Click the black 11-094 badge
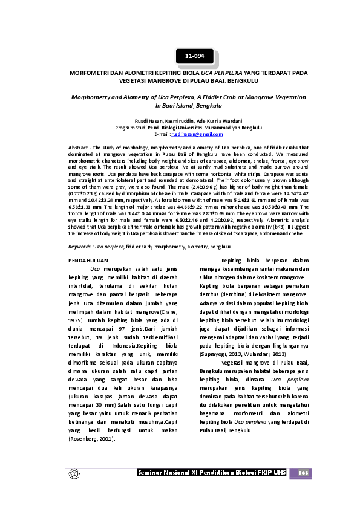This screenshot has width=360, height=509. pyautogui.click(x=195, y=56)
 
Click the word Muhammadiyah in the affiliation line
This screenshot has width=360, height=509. pyautogui.click(x=222, y=128)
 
